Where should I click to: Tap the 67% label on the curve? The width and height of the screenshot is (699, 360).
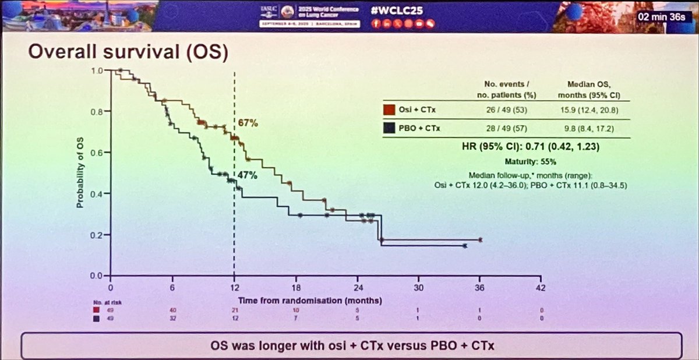248,123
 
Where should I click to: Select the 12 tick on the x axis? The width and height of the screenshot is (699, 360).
234,287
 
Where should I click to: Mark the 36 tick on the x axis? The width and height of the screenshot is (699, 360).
480,287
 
